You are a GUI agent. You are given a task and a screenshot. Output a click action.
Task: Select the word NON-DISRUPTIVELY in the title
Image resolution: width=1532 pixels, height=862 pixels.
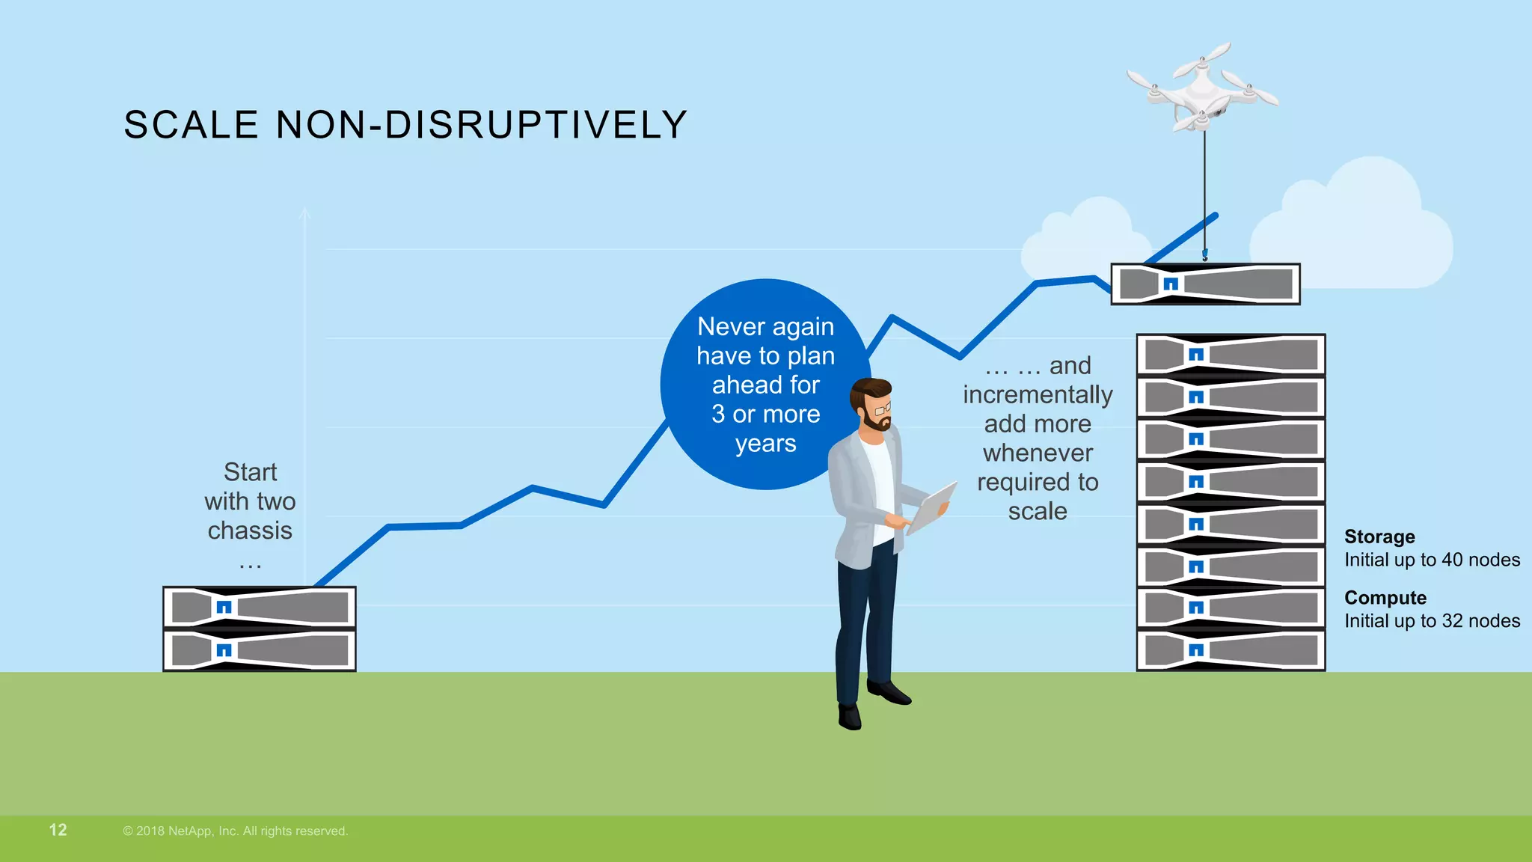(x=482, y=125)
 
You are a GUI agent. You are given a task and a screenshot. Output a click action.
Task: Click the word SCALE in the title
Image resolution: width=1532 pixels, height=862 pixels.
(x=191, y=125)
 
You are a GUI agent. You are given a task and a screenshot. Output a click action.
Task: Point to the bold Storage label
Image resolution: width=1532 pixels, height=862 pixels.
(x=1379, y=537)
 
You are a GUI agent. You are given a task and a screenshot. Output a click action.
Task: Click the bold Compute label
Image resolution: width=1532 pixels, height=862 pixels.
(x=1385, y=598)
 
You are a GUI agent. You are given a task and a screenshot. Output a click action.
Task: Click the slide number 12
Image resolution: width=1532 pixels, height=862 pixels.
(x=58, y=830)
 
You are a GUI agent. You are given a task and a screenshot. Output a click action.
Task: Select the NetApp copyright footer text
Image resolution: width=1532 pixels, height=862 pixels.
(x=236, y=831)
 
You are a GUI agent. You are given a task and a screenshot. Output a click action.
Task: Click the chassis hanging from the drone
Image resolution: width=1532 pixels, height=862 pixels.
(x=1205, y=284)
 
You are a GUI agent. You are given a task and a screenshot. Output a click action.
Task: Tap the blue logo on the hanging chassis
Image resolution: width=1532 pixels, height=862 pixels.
(x=1171, y=284)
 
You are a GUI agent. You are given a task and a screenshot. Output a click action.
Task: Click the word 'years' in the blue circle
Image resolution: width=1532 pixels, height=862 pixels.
(x=765, y=444)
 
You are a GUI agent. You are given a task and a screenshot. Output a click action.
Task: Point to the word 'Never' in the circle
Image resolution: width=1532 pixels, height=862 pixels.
(x=721, y=327)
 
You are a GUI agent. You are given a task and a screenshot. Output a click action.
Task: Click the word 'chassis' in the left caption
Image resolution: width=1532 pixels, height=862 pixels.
(x=250, y=531)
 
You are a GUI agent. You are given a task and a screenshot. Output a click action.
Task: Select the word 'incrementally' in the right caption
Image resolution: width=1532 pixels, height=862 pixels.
(x=1038, y=394)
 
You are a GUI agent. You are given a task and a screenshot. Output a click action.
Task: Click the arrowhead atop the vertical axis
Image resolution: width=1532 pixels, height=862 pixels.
(x=304, y=213)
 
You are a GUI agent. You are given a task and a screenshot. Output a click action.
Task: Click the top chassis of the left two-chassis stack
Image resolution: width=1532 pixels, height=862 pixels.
(x=260, y=607)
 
